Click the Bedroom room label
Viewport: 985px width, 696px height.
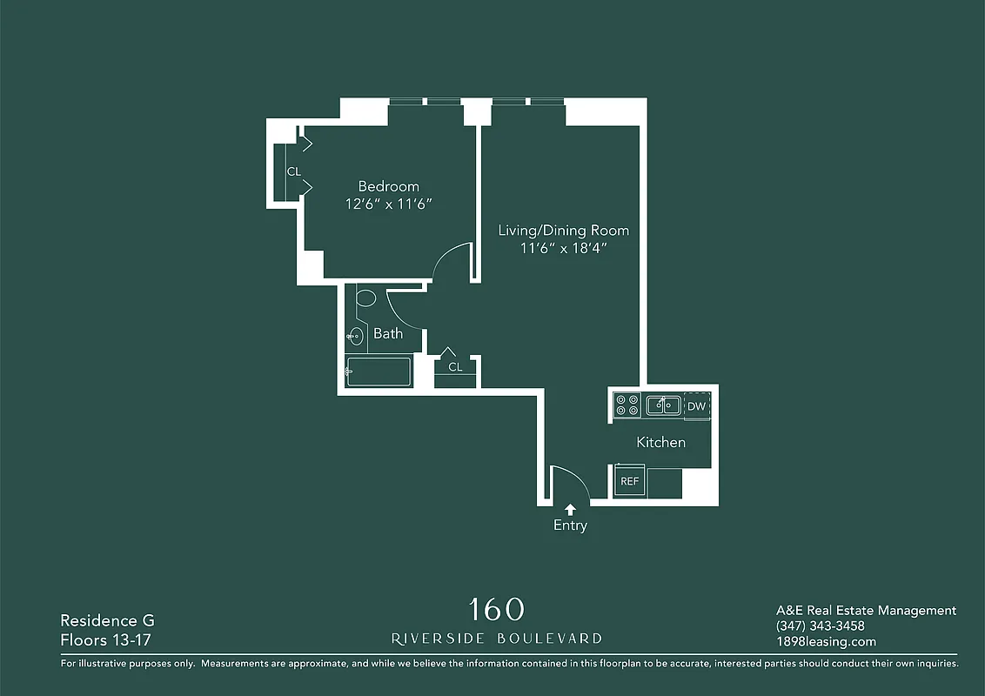tap(389, 186)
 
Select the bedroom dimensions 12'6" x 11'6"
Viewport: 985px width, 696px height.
tap(389, 204)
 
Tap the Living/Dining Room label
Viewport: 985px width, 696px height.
tap(563, 231)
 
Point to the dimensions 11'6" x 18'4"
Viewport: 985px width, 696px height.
tap(563, 248)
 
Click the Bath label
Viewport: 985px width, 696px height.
tap(388, 333)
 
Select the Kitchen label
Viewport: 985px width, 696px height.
tap(660, 442)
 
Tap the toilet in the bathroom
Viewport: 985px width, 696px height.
tap(365, 299)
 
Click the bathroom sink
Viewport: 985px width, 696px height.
tap(354, 336)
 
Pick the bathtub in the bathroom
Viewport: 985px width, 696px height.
tap(378, 371)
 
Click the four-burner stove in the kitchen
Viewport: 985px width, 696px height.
tap(627, 405)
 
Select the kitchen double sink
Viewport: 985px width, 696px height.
tap(662, 405)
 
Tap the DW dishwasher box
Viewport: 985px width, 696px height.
tap(696, 406)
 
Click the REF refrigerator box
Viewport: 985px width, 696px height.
tap(629, 481)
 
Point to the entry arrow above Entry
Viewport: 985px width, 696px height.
tap(571, 510)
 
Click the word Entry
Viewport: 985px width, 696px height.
tap(571, 525)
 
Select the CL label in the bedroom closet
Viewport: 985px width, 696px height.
tap(294, 171)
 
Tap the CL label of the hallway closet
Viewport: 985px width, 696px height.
tap(455, 367)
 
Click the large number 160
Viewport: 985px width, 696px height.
tap(496, 609)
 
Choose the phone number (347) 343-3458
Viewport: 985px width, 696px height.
tap(820, 626)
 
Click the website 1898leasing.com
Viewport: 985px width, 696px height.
tap(826, 642)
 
